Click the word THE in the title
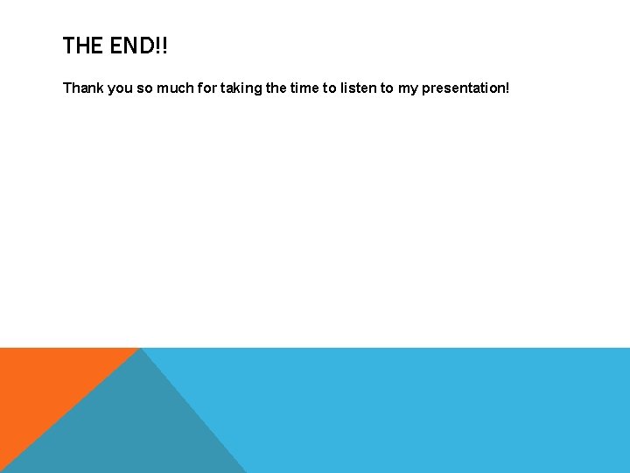(83, 46)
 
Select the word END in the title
(130, 46)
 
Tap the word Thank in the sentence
(82, 88)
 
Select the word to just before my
(387, 88)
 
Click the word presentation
(469, 88)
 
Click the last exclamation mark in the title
(164, 46)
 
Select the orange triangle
(44, 385)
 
